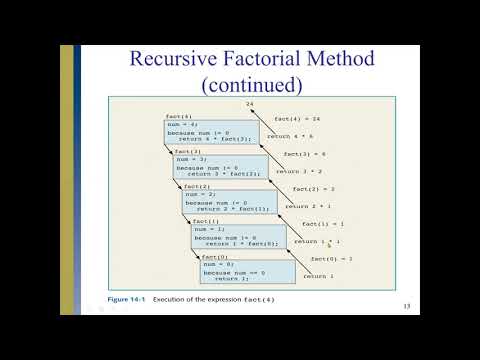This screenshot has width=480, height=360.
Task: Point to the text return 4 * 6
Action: pos(290,136)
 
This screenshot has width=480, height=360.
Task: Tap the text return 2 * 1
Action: pos(307,206)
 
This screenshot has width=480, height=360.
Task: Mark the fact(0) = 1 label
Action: pos(330,258)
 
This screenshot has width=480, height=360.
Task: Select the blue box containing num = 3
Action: pos(221,166)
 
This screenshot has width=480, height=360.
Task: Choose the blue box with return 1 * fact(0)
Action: pos(238,236)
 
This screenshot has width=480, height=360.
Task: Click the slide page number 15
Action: pos(406,305)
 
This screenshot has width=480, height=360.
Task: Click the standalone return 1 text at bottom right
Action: pos(319,276)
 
